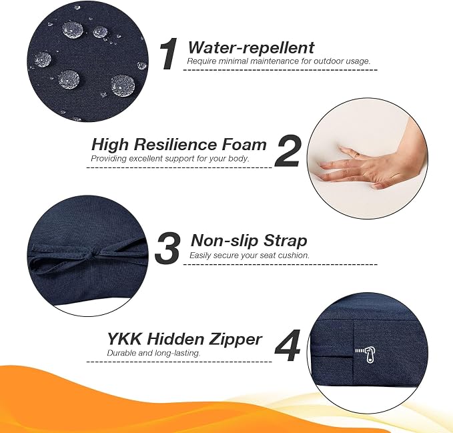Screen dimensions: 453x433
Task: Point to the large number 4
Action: [287, 345]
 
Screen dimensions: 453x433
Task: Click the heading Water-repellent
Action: [251, 47]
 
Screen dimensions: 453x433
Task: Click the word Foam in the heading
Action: [244, 144]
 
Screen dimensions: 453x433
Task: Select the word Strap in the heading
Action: [286, 241]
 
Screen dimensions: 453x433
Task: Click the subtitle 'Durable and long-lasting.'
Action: [153, 353]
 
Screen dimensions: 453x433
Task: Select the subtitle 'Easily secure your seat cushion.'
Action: [250, 256]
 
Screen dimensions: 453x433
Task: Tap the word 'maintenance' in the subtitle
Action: [279, 61]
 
